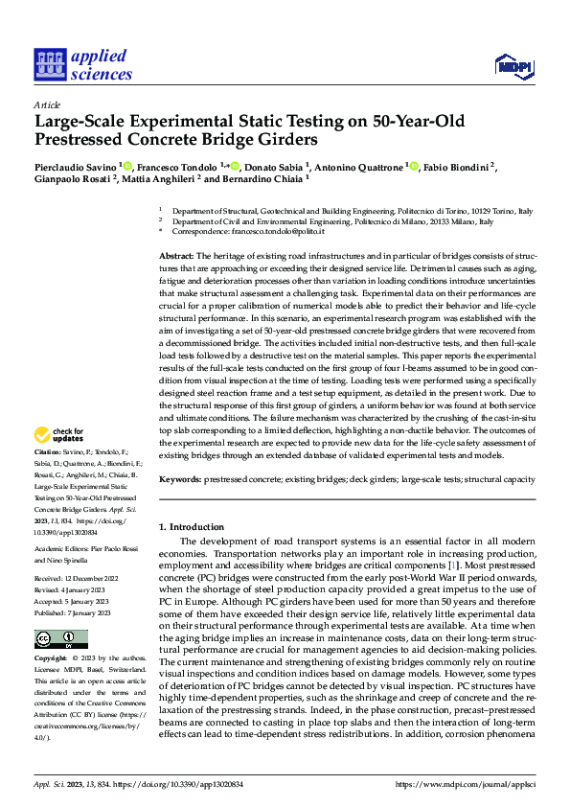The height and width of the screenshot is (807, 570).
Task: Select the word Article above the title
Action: [x=46, y=104]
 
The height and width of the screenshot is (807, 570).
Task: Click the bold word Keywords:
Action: [x=179, y=478]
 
